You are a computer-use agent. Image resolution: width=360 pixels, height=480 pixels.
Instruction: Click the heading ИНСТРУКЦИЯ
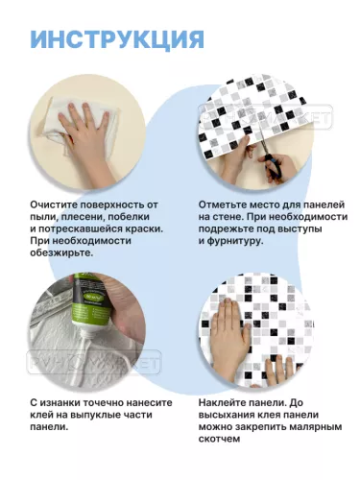pyautogui.click(x=116, y=38)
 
